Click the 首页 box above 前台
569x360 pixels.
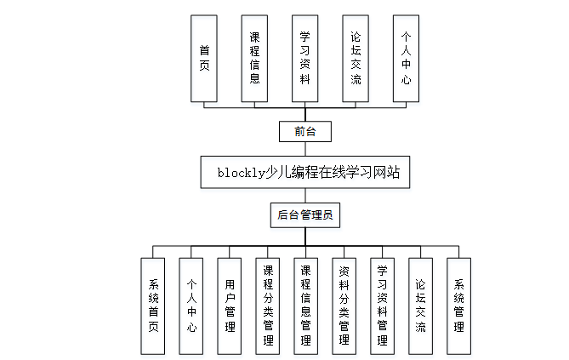(x=204, y=59)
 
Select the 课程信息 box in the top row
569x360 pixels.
(x=254, y=59)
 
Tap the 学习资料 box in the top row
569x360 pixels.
(x=304, y=59)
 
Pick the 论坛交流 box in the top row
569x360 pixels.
(x=356, y=59)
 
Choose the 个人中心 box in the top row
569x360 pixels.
(x=406, y=59)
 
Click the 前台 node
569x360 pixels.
(x=304, y=132)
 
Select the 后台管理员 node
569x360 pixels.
(x=304, y=215)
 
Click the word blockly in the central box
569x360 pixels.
(x=242, y=173)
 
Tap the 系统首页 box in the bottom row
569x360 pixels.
(x=153, y=306)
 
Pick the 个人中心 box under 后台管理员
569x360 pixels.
(x=191, y=306)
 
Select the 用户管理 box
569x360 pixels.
(x=230, y=306)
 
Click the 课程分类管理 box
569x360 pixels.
(x=268, y=306)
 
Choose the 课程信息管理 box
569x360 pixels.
(x=306, y=306)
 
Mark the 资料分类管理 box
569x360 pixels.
(x=344, y=306)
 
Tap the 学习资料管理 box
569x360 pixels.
(x=382, y=306)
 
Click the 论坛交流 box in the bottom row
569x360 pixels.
(x=420, y=306)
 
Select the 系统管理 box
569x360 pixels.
(x=458, y=306)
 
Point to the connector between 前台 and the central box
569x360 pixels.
(x=304, y=150)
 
